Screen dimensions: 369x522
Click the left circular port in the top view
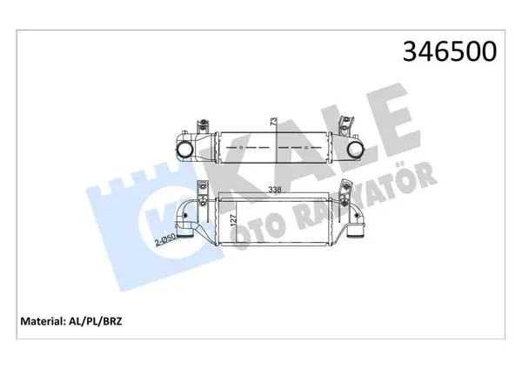[186, 151]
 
